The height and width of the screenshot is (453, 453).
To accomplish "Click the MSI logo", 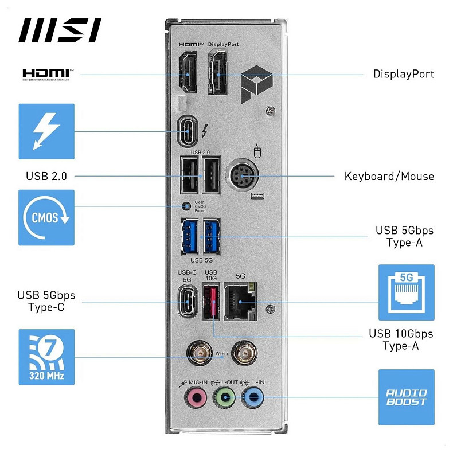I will tap(60, 31).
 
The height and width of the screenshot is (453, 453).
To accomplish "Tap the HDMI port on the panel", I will tap(187, 73).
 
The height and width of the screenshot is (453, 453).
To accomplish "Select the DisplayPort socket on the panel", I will tap(218, 73).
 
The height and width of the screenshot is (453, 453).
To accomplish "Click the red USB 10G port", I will tap(210, 302).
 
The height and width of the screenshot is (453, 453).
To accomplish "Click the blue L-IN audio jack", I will tap(253, 396).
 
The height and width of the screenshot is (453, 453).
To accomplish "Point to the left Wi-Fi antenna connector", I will tap(200, 352).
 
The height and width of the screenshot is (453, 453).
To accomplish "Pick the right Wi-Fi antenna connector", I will tap(248, 352).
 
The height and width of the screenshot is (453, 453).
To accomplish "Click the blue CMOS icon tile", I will tap(46, 218).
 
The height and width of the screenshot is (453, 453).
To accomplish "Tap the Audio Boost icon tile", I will tap(406, 397).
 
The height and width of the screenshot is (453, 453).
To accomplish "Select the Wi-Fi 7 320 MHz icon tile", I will tap(46, 357).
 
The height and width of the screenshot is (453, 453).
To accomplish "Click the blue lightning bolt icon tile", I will tap(46, 131).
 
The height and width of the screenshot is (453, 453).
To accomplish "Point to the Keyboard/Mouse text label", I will tap(389, 176).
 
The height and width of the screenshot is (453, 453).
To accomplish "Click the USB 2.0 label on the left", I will tap(46, 176).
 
